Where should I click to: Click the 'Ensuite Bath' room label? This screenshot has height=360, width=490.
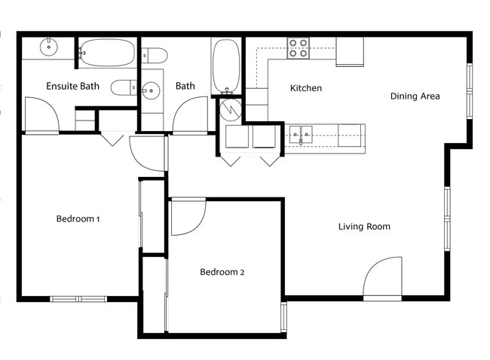pyautogui.click(x=72, y=86)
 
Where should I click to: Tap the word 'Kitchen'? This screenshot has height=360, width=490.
pyautogui.click(x=306, y=88)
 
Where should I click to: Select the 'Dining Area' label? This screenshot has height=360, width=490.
pyautogui.click(x=415, y=96)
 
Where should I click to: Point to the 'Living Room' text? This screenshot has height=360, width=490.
pyautogui.click(x=364, y=226)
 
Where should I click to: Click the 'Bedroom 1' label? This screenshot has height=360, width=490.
pyautogui.click(x=78, y=219)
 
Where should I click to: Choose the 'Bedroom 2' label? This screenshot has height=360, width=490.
pyautogui.click(x=222, y=272)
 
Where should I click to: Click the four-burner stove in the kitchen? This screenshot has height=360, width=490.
pyautogui.click(x=298, y=48)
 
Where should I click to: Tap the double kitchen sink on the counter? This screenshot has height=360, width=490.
pyautogui.click(x=300, y=136)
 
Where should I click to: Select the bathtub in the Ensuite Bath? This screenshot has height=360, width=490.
pyautogui.click(x=107, y=53)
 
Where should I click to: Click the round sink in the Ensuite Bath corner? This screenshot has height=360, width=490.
pyautogui.click(x=49, y=46)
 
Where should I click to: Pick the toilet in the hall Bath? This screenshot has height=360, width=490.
pyautogui.click(x=155, y=54)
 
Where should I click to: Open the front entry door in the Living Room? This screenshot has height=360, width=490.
pyautogui.click(x=383, y=280)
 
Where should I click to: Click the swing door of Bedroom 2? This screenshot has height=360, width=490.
pyautogui.click(x=187, y=217)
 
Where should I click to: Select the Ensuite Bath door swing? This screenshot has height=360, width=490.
pyautogui.click(x=41, y=115)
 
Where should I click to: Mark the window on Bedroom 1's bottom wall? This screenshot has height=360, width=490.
pyautogui.click(x=78, y=299)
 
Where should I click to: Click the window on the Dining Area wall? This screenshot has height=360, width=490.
pyautogui.click(x=469, y=90)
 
